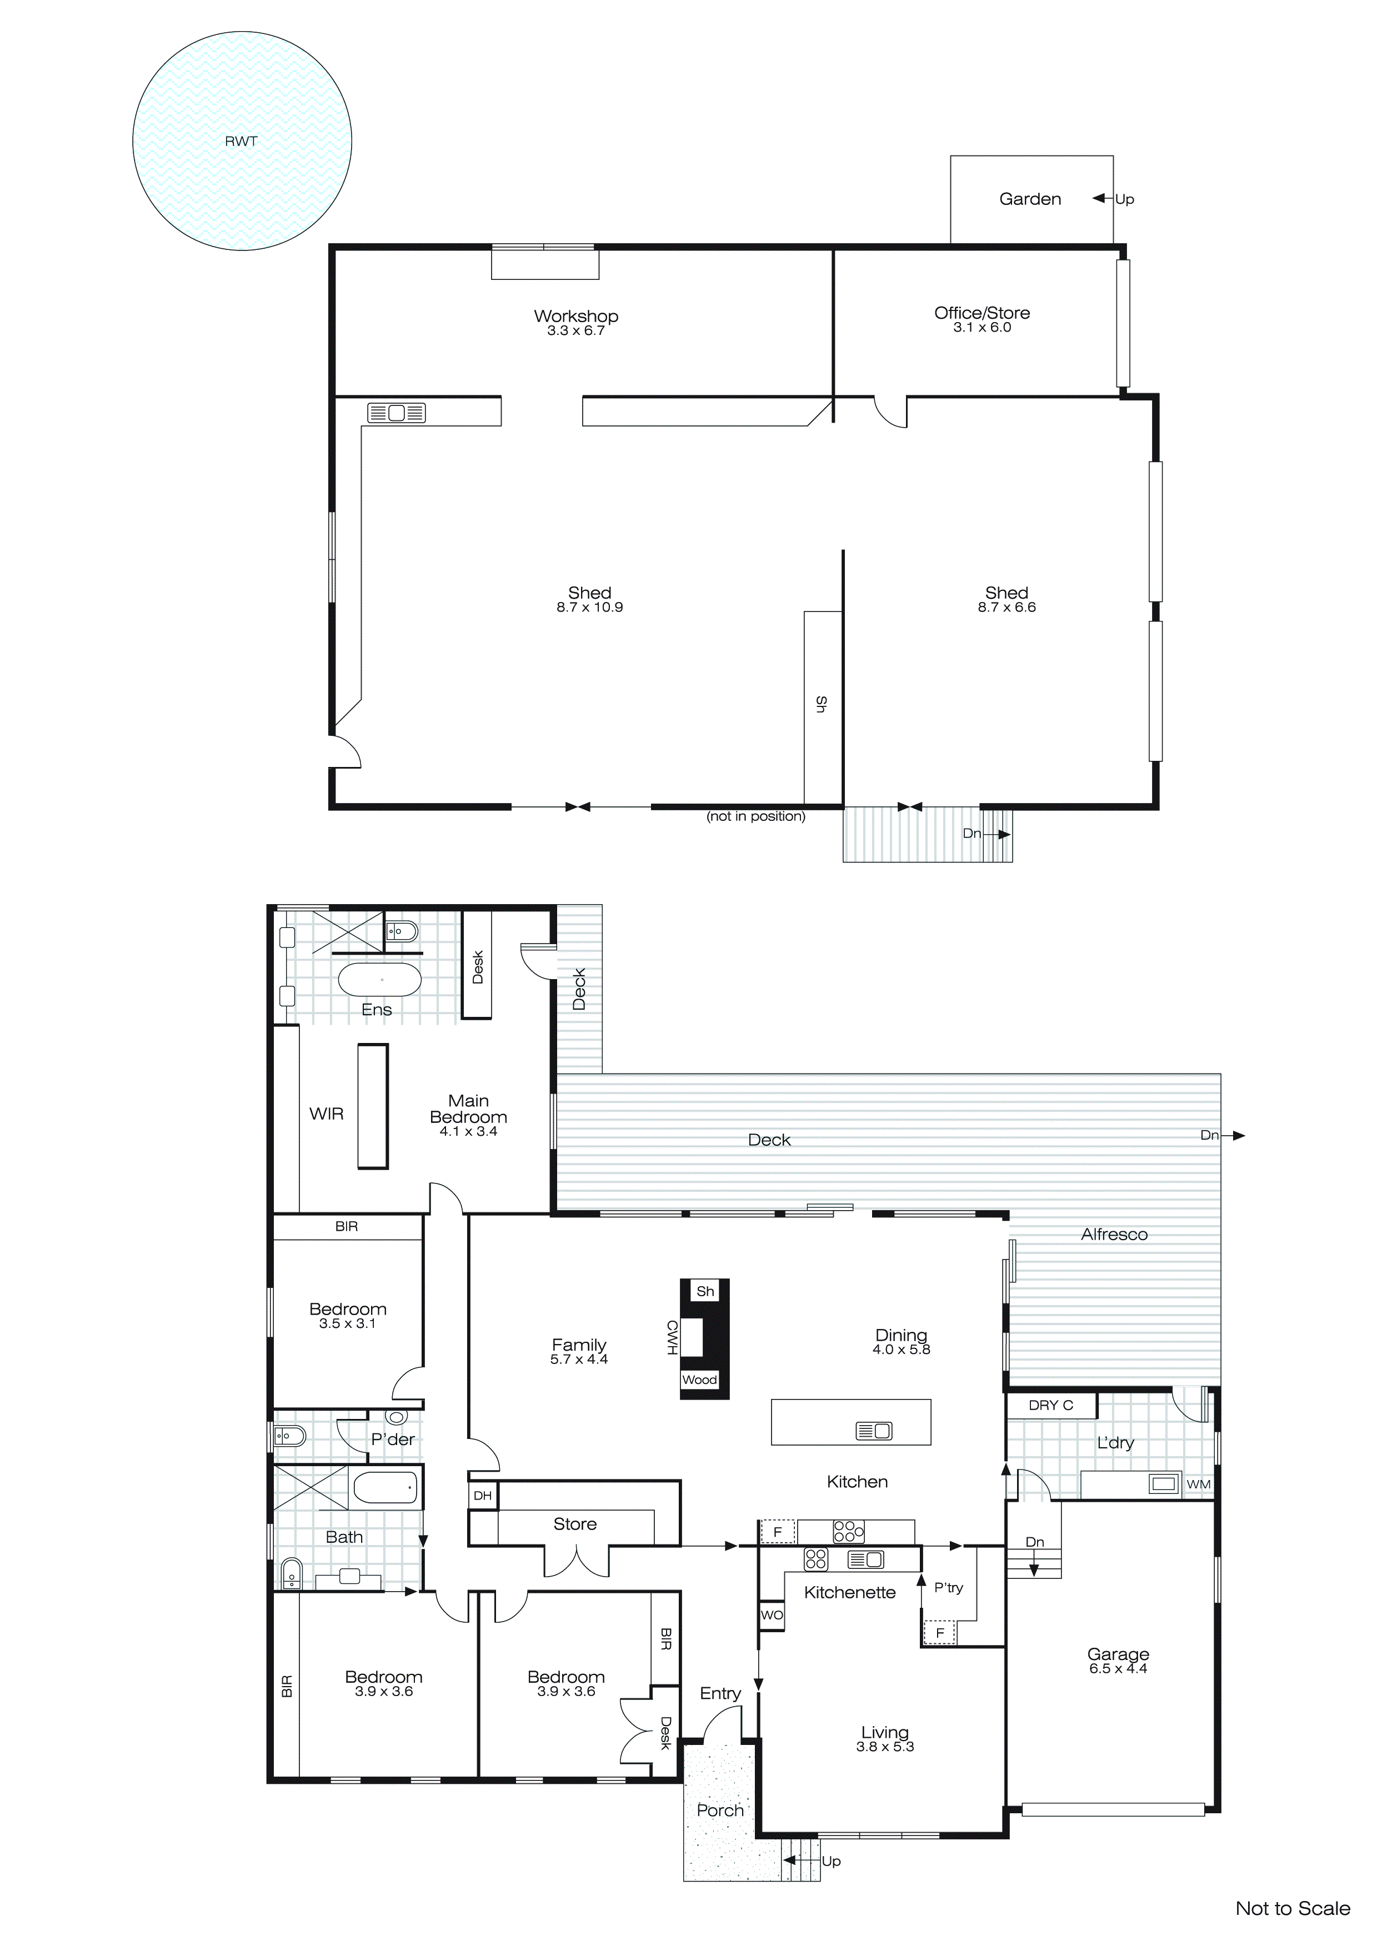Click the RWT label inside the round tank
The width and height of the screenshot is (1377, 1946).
(x=241, y=142)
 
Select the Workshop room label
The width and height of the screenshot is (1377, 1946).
(x=575, y=316)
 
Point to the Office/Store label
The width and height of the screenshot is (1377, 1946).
(x=982, y=313)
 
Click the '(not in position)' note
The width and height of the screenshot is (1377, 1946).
(x=755, y=816)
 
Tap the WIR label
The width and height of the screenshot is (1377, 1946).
(x=327, y=1114)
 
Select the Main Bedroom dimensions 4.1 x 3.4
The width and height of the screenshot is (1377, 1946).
(x=468, y=1131)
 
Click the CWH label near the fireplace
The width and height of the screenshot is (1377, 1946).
(x=672, y=1337)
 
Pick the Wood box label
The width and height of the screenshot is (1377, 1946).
(x=699, y=1380)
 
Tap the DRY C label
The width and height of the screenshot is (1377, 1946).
(x=1050, y=1405)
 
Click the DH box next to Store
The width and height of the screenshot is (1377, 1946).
(x=483, y=1496)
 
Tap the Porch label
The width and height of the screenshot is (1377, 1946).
(x=720, y=1810)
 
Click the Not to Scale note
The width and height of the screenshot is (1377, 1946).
(x=1292, y=1909)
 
